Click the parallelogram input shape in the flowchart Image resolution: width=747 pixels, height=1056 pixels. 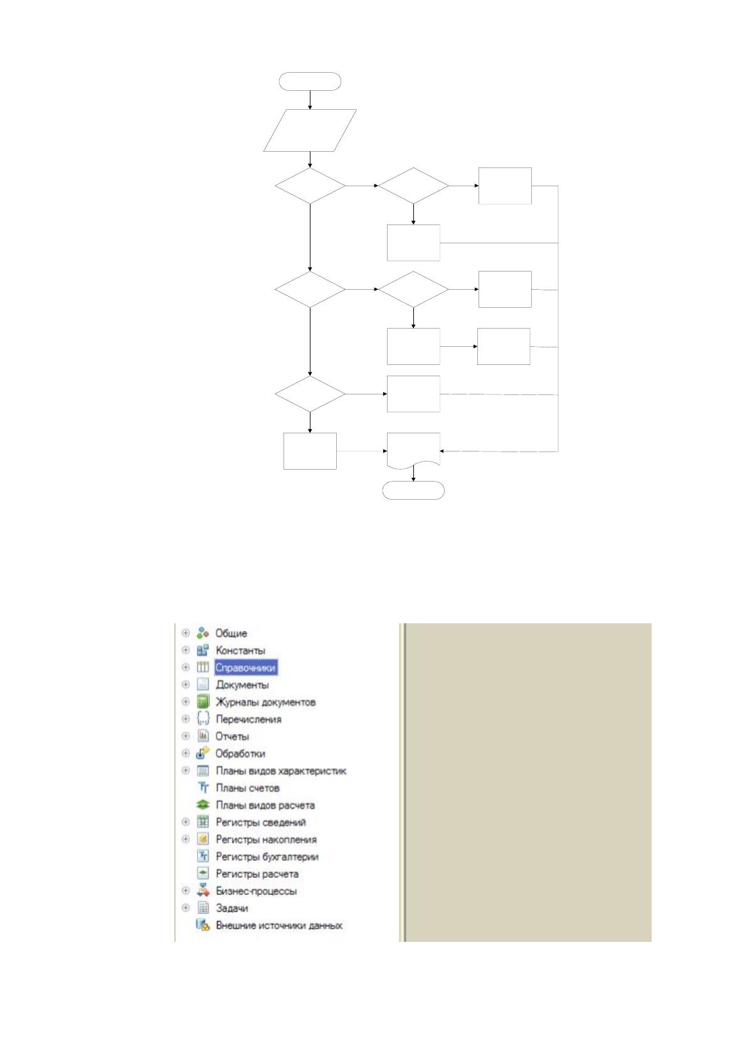click(310, 130)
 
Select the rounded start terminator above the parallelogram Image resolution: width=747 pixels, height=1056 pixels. click(310, 81)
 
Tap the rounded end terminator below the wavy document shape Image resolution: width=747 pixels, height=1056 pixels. click(413, 490)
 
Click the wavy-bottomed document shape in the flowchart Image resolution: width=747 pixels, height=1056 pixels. click(413, 451)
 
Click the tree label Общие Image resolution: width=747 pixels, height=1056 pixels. click(231, 633)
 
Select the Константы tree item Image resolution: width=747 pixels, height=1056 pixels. click(240, 650)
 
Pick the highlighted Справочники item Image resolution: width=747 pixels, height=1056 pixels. click(246, 668)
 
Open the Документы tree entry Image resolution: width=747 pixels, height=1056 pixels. click(242, 685)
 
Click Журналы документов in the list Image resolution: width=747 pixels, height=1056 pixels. click(265, 702)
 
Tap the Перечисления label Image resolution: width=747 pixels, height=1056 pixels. click(248, 719)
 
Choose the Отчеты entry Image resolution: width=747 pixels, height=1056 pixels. click(232, 736)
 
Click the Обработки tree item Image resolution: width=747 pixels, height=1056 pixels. click(240, 753)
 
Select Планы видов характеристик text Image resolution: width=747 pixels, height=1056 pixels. click(281, 771)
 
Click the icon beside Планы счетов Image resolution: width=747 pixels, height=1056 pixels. click(203, 787)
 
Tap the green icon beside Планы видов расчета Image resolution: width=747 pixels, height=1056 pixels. click(203, 805)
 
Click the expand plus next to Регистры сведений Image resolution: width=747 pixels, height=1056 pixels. click(186, 821)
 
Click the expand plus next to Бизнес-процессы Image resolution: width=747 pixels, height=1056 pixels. click(186, 890)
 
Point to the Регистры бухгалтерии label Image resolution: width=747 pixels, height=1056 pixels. click(267, 857)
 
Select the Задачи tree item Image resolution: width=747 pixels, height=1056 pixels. click(231, 908)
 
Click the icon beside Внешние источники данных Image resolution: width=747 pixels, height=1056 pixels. click(203, 925)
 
